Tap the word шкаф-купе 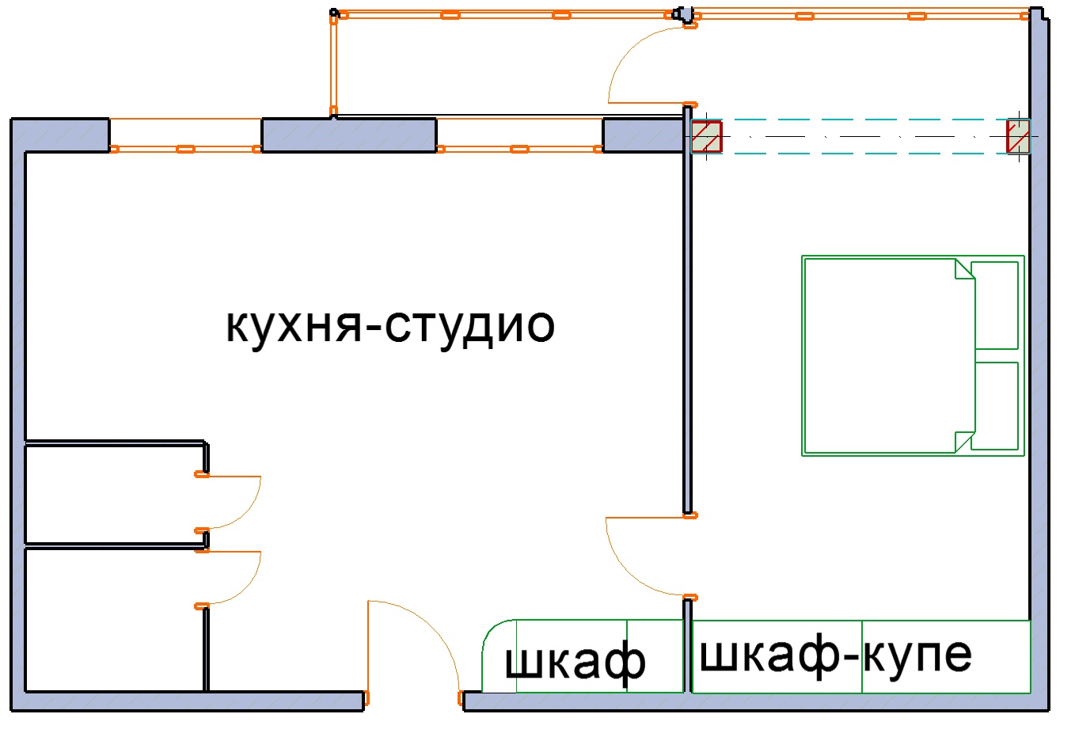(x=835, y=655)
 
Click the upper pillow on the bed (x=994, y=306)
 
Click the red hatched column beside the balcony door (x=706, y=137)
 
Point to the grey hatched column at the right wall (x=1018, y=137)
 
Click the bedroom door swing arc (x=629, y=572)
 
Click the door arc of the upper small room (x=245, y=512)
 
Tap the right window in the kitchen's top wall (x=519, y=135)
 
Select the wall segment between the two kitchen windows (x=349, y=135)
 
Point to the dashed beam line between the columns (x=864, y=137)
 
